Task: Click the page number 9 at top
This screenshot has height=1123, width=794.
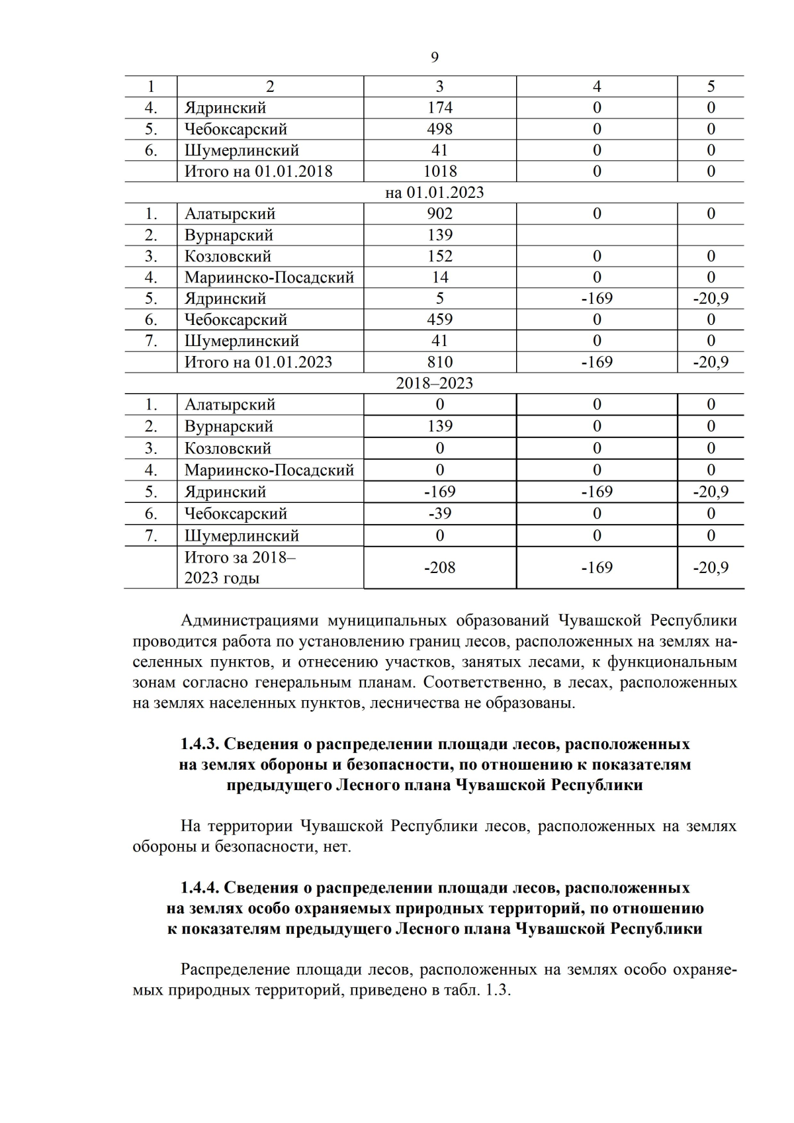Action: (x=434, y=58)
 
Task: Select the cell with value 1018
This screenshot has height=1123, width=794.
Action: (x=440, y=171)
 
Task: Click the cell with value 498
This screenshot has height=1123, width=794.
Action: (x=440, y=129)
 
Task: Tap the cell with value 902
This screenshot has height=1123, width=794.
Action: (x=440, y=214)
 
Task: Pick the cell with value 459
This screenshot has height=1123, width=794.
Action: (x=440, y=320)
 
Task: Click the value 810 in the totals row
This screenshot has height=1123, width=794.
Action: (x=440, y=362)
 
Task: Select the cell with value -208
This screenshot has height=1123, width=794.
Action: (x=440, y=567)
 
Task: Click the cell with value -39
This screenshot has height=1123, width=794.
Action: (x=440, y=514)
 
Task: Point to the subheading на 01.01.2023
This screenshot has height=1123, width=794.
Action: (x=434, y=193)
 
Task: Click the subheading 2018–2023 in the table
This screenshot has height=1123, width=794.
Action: (x=434, y=383)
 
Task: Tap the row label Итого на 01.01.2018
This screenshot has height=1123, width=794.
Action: (x=258, y=171)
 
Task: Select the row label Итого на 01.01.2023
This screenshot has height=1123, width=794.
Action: (x=258, y=362)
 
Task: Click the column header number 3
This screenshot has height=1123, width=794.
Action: (x=440, y=87)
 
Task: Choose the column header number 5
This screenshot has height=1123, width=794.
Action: (x=711, y=87)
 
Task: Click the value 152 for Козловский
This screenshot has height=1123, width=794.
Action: (x=440, y=256)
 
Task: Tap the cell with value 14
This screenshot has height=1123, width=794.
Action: (x=440, y=277)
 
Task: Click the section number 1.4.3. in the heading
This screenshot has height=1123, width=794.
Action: (x=199, y=744)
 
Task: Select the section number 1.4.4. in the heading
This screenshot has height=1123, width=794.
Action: (x=199, y=887)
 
